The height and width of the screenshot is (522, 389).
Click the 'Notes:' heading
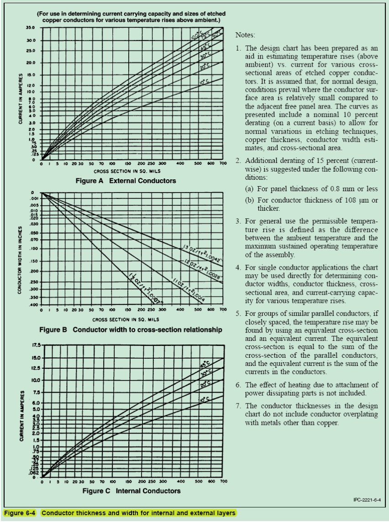point(246,35)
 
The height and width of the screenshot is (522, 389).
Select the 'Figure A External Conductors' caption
point(126,181)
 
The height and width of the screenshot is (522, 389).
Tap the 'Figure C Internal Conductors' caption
point(131,491)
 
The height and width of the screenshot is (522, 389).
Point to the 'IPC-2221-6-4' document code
point(367,500)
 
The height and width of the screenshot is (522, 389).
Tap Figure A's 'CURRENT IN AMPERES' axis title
point(21,99)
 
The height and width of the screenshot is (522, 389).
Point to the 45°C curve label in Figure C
point(205,364)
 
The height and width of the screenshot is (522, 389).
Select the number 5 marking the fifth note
point(238,314)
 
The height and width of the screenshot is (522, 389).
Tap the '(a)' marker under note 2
point(250,189)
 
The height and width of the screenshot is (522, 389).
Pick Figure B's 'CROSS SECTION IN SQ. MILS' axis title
point(126,319)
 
